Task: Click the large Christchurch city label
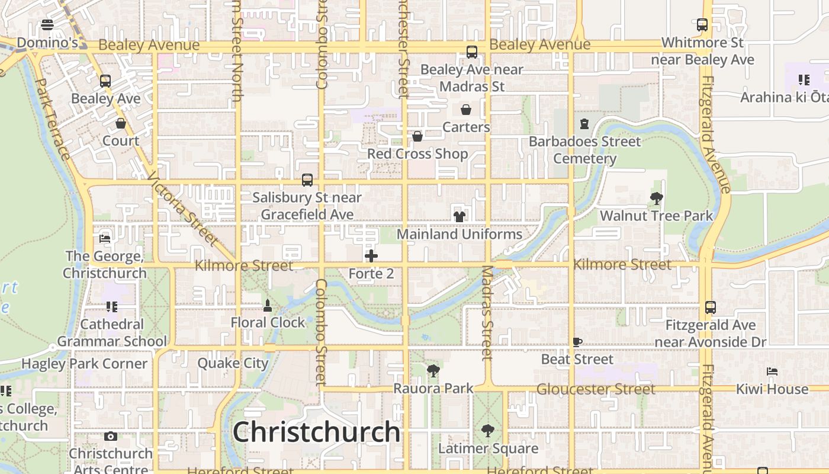[316, 432]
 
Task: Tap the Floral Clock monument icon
[268, 306]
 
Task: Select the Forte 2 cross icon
[371, 256]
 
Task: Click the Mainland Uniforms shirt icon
[459, 216]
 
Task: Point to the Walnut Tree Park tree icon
[656, 198]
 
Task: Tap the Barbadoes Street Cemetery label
[584, 150]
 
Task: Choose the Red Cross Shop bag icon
[417, 136]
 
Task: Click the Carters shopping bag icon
[466, 110]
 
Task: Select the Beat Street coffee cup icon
[577, 342]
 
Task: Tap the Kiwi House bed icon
[772, 371]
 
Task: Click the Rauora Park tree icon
[433, 371]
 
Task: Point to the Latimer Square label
[488, 449]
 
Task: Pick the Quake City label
[233, 363]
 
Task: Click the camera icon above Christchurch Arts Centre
[110, 437]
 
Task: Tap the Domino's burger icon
[47, 25]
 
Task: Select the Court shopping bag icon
[121, 123]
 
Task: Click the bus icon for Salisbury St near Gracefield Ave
[307, 180]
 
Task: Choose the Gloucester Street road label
[596, 389]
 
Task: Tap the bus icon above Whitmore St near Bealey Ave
[702, 25]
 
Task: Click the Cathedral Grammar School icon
[112, 306]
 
